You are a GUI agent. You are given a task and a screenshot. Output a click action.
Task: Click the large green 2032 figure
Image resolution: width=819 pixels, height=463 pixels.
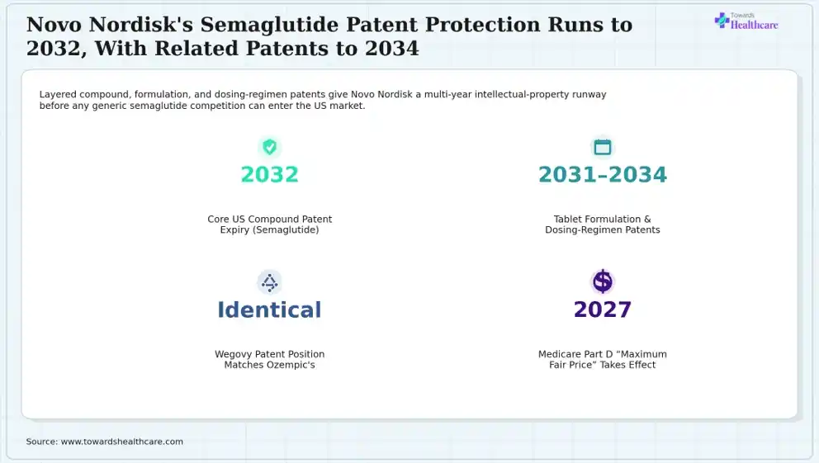pyautogui.click(x=269, y=174)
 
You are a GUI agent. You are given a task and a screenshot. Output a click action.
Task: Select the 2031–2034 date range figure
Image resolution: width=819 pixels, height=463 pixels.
pyautogui.click(x=602, y=174)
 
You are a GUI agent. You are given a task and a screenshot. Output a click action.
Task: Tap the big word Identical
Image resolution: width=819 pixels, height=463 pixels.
pyautogui.click(x=269, y=309)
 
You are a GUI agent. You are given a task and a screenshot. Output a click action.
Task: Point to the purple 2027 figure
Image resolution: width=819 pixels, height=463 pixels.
pyautogui.click(x=602, y=309)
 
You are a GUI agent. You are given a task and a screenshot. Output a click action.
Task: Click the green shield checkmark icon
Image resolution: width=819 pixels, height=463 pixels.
pyautogui.click(x=269, y=147)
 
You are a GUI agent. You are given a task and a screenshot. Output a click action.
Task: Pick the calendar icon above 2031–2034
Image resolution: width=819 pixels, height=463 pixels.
pyautogui.click(x=602, y=147)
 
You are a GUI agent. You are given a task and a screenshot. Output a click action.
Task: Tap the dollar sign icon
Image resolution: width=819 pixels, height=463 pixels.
pyautogui.click(x=602, y=281)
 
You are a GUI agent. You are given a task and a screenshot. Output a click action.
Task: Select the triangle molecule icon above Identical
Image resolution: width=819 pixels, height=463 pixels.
pyautogui.click(x=269, y=282)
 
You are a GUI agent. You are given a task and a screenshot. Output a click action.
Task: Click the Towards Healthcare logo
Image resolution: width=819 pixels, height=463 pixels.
pyautogui.click(x=746, y=21)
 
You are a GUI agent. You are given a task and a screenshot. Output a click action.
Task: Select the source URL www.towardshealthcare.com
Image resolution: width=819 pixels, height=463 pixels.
pyautogui.click(x=122, y=442)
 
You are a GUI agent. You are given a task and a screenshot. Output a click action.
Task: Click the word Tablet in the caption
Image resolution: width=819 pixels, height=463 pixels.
pyautogui.click(x=567, y=220)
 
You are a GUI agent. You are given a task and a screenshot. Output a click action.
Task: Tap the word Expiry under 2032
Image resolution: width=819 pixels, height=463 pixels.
pyautogui.click(x=234, y=229)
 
